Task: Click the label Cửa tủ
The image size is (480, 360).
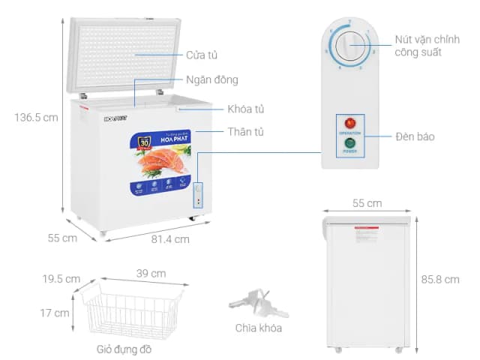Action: (203, 55)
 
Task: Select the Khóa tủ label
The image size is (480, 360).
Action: (246, 109)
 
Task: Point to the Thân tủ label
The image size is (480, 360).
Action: (245, 132)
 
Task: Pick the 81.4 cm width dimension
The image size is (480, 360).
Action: (170, 239)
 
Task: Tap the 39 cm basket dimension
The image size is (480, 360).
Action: (151, 274)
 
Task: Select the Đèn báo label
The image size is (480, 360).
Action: (415, 136)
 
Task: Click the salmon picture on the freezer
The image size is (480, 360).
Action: (161, 160)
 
